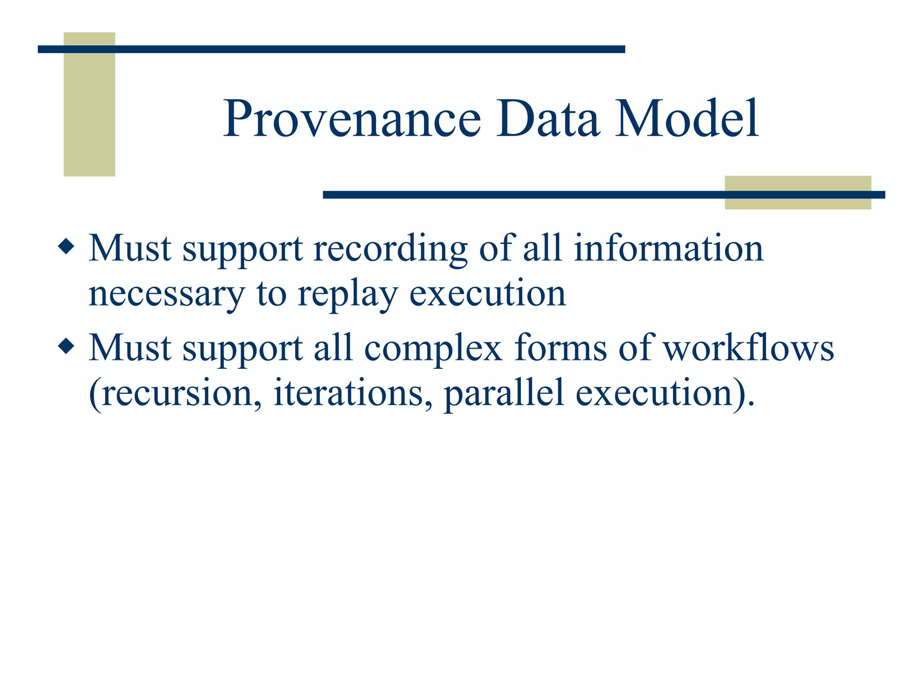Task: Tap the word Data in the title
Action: click(548, 119)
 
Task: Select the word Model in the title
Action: click(687, 119)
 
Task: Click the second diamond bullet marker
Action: click(66, 346)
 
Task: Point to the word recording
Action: click(390, 249)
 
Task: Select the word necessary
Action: click(166, 295)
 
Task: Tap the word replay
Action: click(347, 295)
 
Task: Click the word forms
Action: click(560, 348)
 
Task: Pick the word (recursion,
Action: click(175, 394)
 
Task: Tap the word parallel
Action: click(504, 394)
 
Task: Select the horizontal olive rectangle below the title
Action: click(798, 202)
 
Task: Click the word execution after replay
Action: click(487, 294)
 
